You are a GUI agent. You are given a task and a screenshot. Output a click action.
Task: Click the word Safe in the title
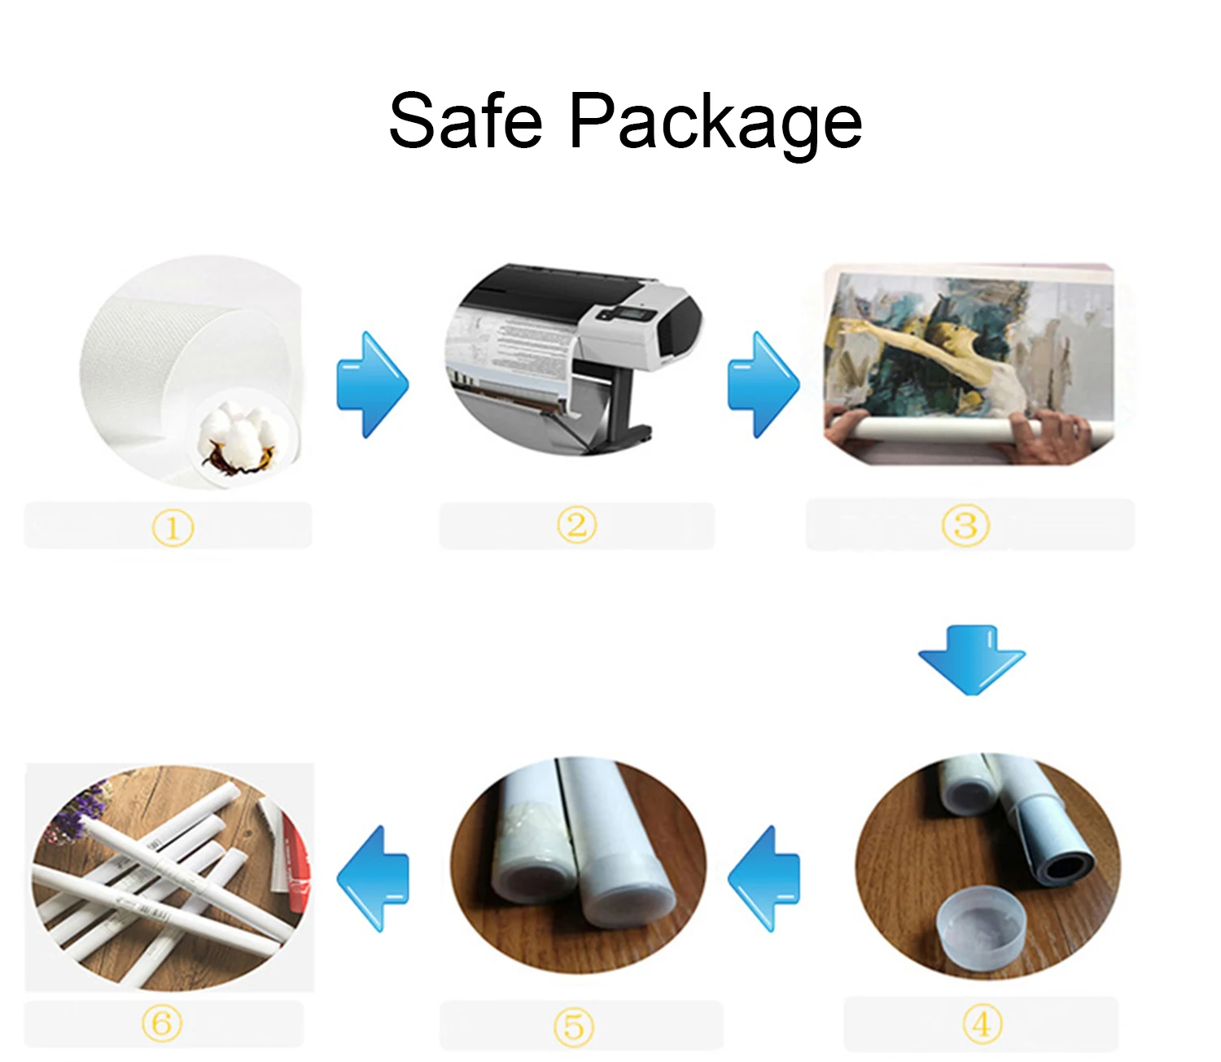(466, 121)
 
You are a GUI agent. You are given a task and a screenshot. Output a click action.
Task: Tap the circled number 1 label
(173, 528)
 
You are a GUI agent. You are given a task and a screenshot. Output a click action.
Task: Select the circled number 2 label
(576, 525)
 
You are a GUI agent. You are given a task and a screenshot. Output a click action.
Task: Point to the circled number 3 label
(965, 525)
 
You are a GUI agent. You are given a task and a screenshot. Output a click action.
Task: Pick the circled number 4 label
(982, 1023)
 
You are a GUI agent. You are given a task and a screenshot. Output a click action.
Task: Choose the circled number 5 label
(574, 1026)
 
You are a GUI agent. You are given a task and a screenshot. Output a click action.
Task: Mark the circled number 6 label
(162, 1023)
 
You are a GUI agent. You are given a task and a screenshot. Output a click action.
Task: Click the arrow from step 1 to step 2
(373, 384)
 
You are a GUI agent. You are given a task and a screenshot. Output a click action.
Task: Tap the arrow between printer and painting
(764, 384)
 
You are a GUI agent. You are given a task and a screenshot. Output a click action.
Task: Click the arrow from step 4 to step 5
(764, 878)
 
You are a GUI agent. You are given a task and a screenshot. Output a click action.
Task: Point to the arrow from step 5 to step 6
(374, 878)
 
